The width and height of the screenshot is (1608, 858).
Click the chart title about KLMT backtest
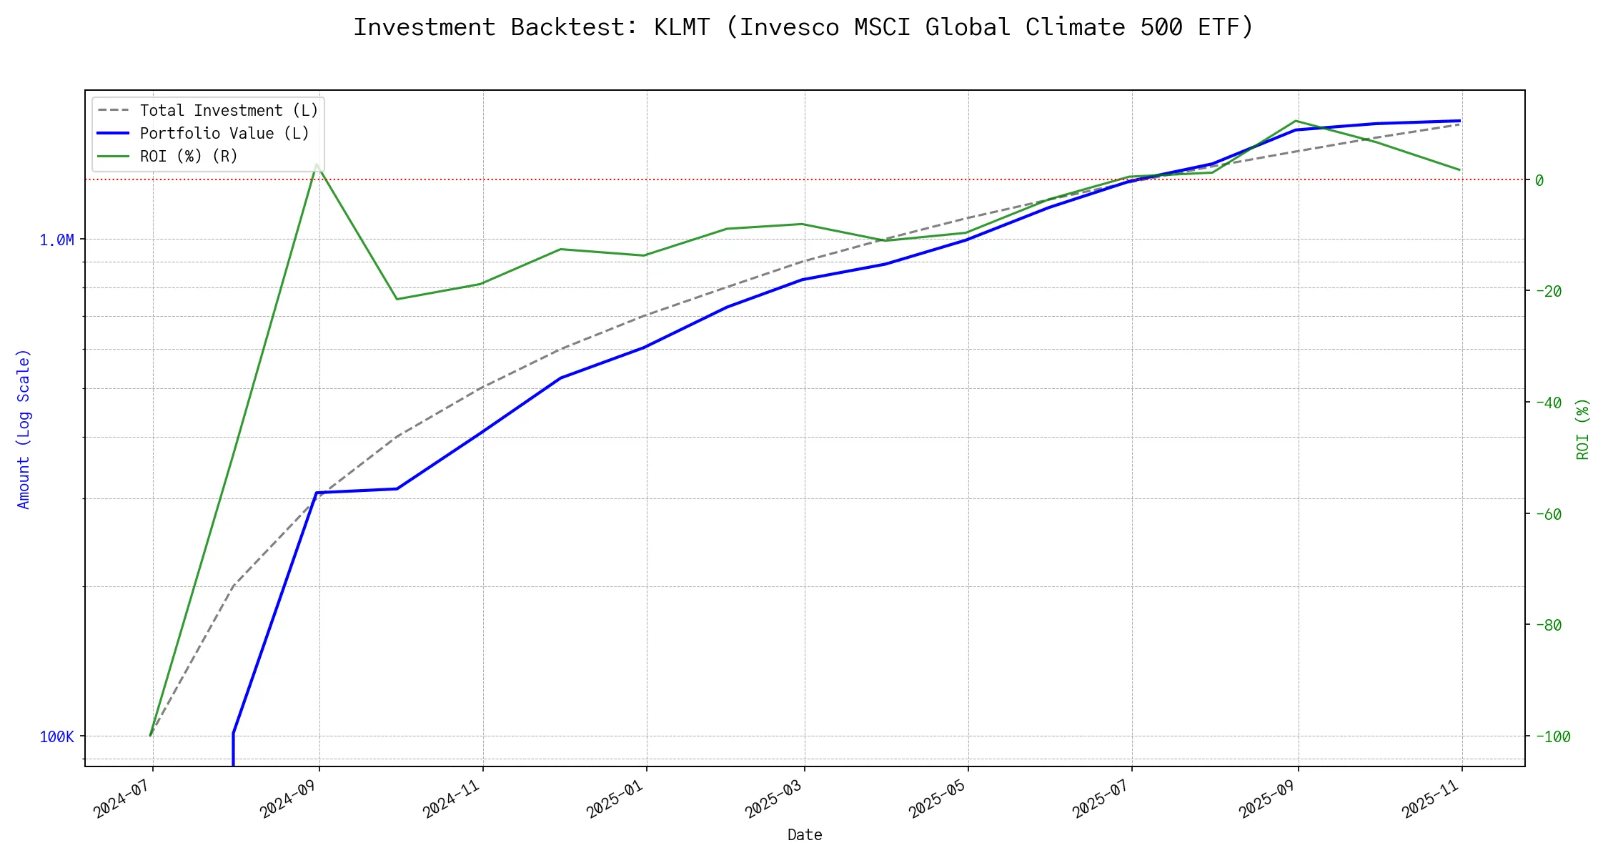point(803,27)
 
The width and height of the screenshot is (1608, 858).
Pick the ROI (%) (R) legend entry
point(189,157)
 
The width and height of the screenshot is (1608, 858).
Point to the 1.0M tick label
point(56,240)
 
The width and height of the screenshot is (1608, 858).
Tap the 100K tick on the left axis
point(56,736)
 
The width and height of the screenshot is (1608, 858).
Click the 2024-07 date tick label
point(121,798)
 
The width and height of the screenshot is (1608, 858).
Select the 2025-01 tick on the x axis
point(615,798)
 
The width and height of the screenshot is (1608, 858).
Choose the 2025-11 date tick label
point(1431,798)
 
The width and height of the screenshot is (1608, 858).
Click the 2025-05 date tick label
point(937,798)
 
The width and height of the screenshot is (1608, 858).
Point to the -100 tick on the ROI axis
point(1552,736)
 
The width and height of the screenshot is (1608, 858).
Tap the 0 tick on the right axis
point(1539,180)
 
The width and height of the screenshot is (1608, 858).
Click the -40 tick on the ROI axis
point(1548,403)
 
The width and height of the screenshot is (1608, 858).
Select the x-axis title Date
point(805,835)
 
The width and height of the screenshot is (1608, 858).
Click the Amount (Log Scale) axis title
point(24,429)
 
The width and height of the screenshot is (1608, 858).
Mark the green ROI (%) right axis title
point(1583,429)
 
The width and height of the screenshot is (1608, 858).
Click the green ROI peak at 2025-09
point(1296,121)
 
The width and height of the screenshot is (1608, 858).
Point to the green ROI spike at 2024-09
point(317,164)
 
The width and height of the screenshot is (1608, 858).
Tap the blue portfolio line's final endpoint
point(1459,121)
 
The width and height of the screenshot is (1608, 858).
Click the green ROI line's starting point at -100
point(150,735)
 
